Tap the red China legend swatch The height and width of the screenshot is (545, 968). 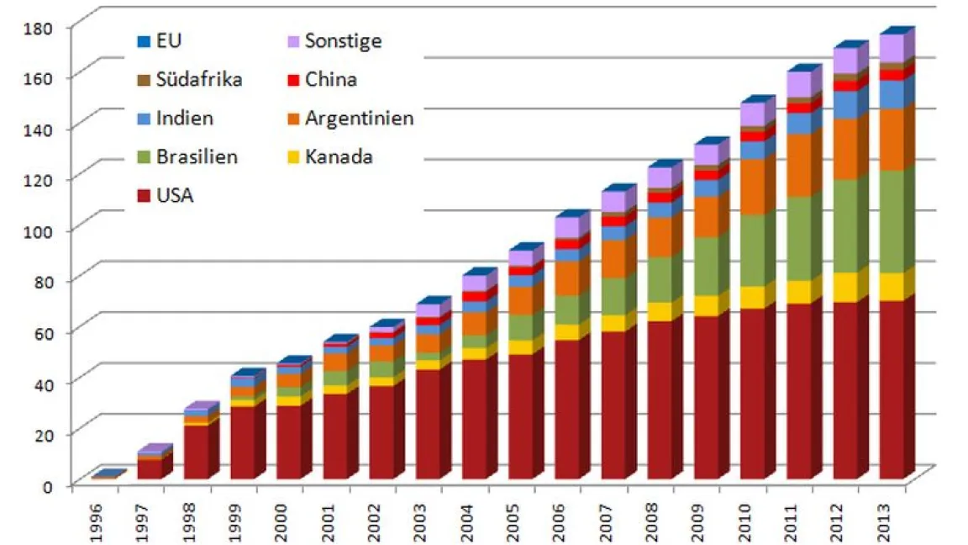(292, 81)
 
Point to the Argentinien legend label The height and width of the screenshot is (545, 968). (359, 119)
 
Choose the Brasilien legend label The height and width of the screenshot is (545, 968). (196, 157)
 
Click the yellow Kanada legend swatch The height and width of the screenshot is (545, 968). (292, 157)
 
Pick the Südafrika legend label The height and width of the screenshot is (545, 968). (199, 80)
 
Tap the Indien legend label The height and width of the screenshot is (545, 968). (184, 119)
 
